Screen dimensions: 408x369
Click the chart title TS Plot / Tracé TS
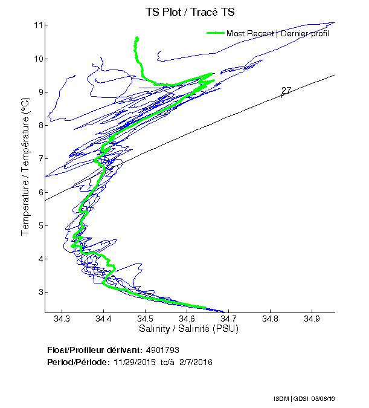(190, 11)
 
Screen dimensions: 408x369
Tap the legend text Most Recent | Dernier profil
(278, 33)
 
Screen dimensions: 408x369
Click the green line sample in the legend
(215, 33)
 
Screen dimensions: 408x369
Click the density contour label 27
(286, 91)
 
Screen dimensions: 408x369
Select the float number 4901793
(162, 351)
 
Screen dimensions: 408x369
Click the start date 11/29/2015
(133, 362)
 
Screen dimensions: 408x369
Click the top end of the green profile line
(137, 38)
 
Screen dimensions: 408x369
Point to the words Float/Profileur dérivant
(94, 351)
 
